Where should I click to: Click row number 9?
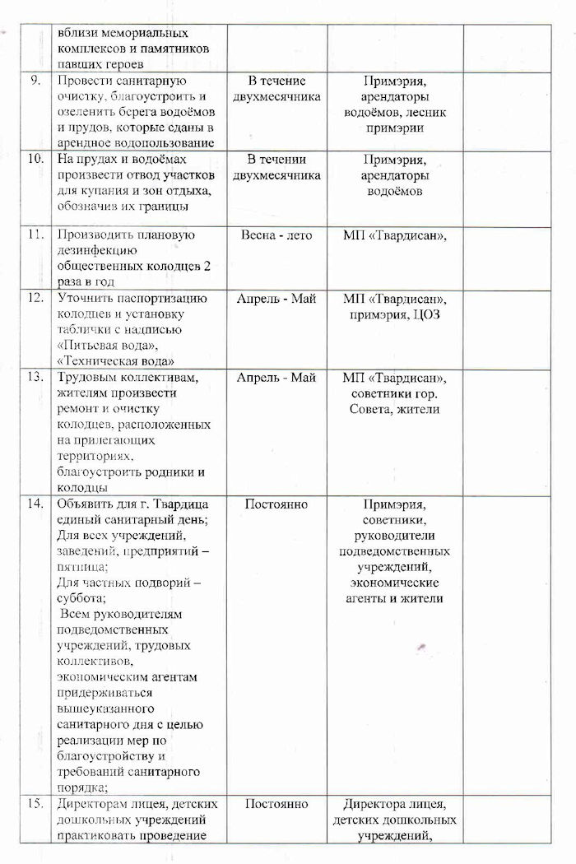pyautogui.click(x=36, y=81)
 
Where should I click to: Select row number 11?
pyautogui.click(x=35, y=235)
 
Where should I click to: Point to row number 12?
pyautogui.click(x=35, y=298)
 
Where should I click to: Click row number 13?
pyautogui.click(x=35, y=378)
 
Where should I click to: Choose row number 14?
pyautogui.click(x=35, y=504)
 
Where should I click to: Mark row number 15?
pyautogui.click(x=35, y=804)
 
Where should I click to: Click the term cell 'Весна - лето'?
pyautogui.click(x=276, y=235)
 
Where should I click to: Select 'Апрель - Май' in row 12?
pyautogui.click(x=276, y=298)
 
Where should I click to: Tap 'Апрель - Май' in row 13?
pyautogui.click(x=276, y=378)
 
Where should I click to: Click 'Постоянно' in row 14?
pyautogui.click(x=276, y=504)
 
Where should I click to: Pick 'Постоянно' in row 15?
pyautogui.click(x=276, y=804)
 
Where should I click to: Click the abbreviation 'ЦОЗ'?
pyautogui.click(x=425, y=314)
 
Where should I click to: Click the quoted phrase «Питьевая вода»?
pyautogui.click(x=105, y=346)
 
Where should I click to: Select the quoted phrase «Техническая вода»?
pyautogui.click(x=118, y=361)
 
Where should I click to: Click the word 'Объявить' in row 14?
pyautogui.click(x=84, y=504)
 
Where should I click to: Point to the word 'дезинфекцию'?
pyautogui.click(x=95, y=251)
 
